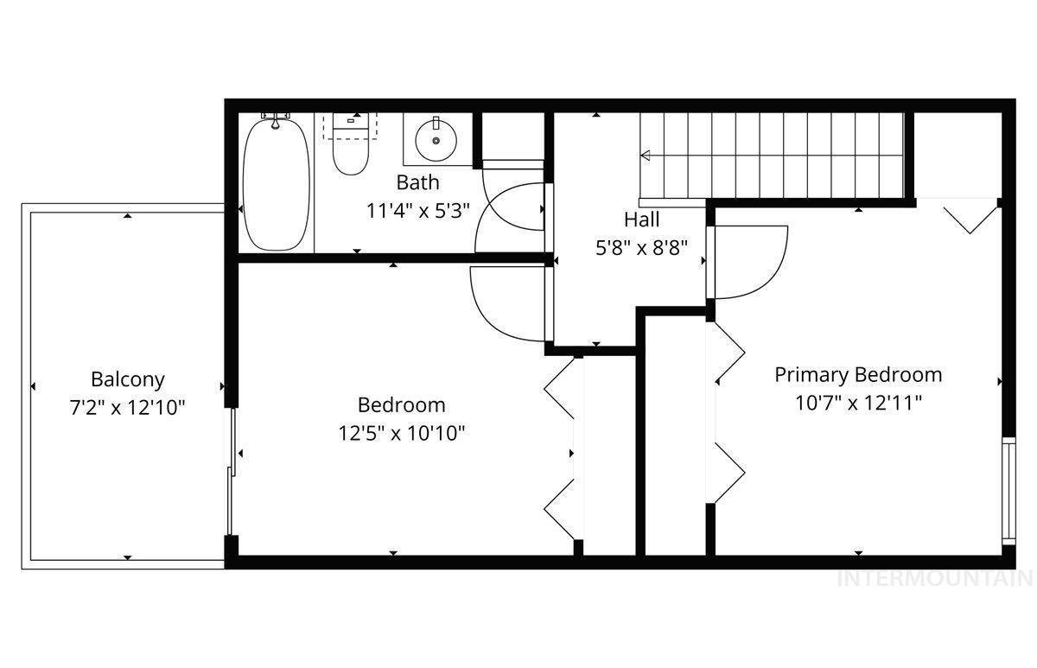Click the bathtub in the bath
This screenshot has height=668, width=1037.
click(x=277, y=184)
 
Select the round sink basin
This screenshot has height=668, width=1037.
click(x=436, y=140)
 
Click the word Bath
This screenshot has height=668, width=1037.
click(x=417, y=182)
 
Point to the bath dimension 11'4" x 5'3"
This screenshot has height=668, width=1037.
click(x=417, y=211)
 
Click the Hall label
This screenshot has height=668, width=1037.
click(x=641, y=219)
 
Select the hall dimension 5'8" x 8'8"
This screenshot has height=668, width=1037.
click(x=641, y=248)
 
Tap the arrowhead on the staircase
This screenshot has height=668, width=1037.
click(x=645, y=156)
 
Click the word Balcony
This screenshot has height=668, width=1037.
click(x=128, y=379)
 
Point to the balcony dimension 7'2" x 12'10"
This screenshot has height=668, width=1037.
click(x=128, y=408)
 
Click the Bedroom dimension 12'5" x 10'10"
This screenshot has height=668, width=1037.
click(x=401, y=434)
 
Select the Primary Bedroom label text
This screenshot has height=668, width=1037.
click(x=858, y=375)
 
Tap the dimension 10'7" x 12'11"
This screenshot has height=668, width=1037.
click(x=858, y=404)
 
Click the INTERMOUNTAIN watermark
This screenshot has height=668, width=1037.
click(x=936, y=579)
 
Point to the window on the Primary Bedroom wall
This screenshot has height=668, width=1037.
click(x=1008, y=491)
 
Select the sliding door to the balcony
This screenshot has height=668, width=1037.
click(x=231, y=471)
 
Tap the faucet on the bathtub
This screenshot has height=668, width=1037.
click(x=276, y=122)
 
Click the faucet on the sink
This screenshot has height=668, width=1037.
click(x=436, y=123)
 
